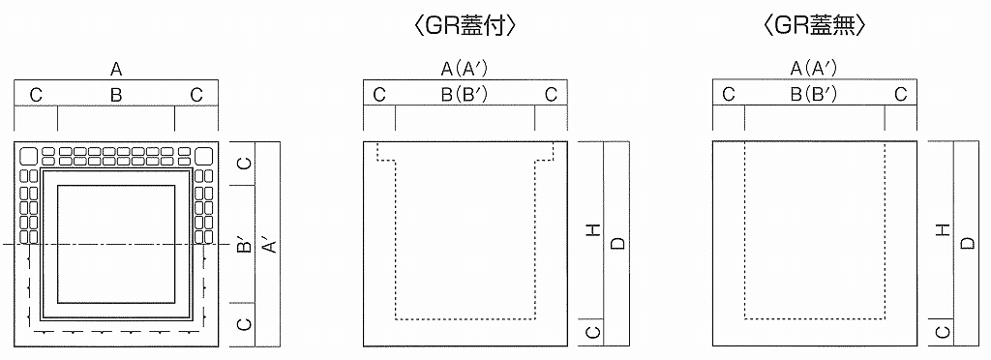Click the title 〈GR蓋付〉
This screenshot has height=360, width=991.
(x=464, y=27)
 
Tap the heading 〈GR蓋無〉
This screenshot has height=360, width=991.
(x=814, y=27)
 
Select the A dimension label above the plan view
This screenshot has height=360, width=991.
(x=116, y=70)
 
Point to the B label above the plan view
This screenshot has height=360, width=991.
(x=115, y=95)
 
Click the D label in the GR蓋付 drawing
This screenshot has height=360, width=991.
(x=617, y=243)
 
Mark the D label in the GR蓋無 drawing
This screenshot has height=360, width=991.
(x=966, y=243)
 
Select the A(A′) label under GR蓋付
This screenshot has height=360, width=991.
(x=464, y=70)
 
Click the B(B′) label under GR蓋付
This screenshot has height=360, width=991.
(x=464, y=95)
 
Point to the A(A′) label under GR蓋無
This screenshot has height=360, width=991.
(x=814, y=70)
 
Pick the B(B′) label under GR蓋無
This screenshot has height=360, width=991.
(x=814, y=95)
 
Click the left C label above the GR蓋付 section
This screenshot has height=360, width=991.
(x=379, y=95)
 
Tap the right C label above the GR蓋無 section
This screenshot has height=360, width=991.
(x=900, y=95)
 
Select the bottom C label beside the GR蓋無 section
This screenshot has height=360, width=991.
(x=942, y=332)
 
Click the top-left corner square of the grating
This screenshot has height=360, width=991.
(x=28, y=156)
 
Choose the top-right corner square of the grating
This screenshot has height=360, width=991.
(x=204, y=156)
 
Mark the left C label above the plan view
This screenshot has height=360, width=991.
(x=36, y=95)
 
